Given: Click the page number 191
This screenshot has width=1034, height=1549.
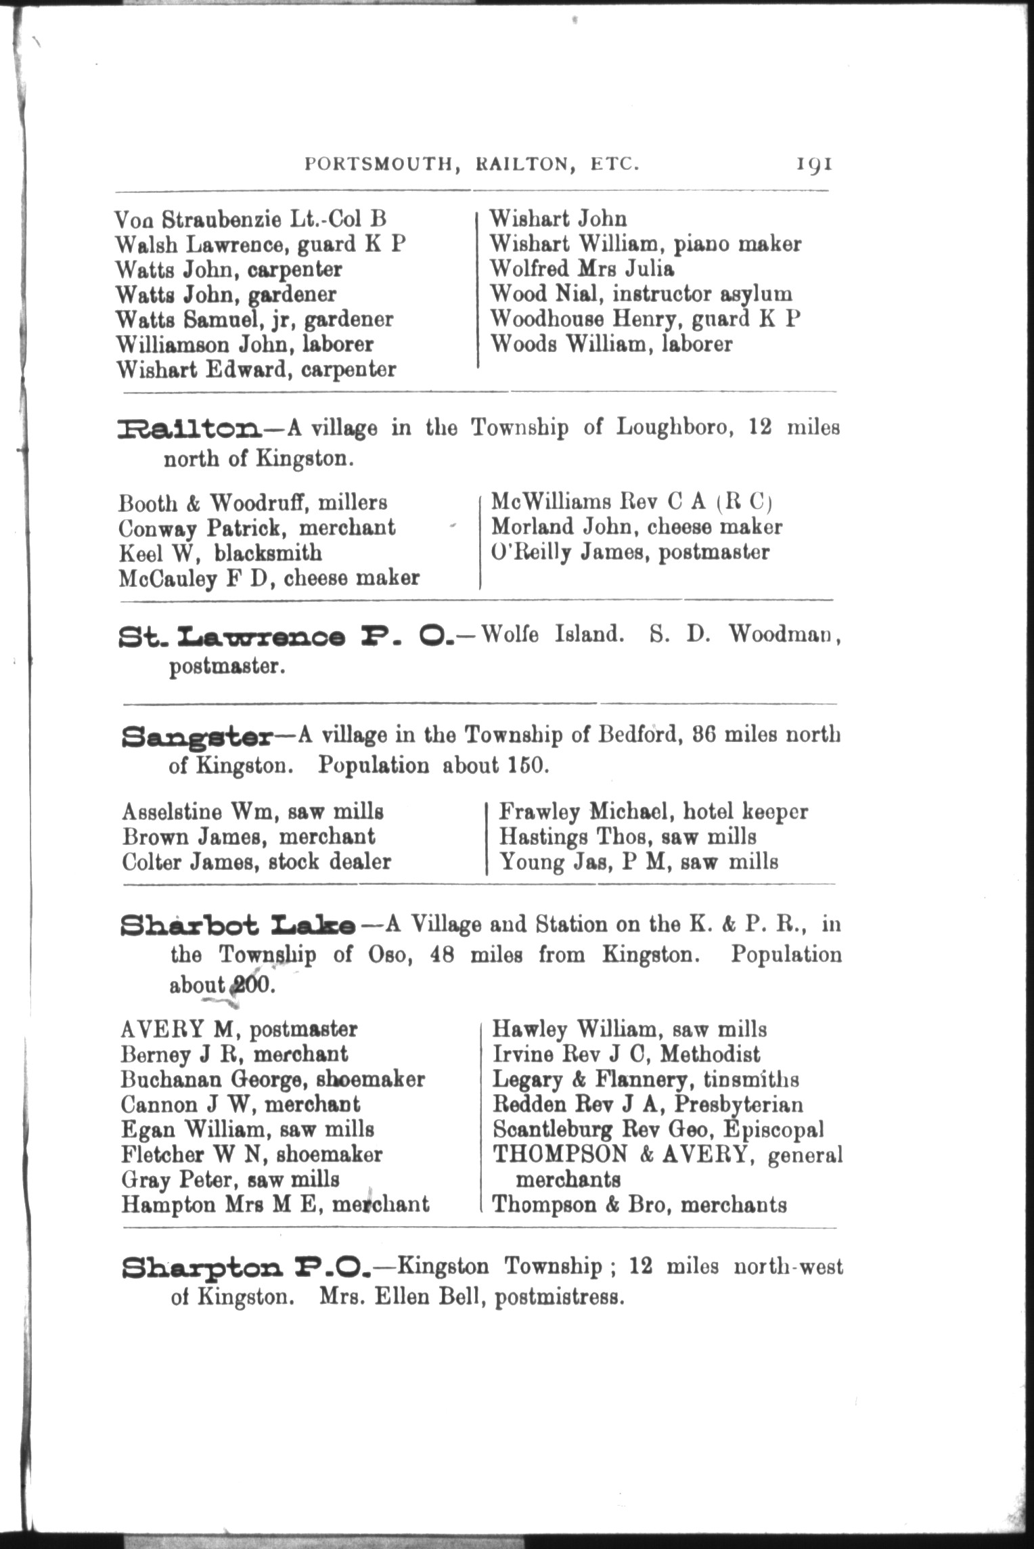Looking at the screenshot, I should pos(814,165).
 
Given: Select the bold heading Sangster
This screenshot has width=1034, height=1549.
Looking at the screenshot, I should pos(197,736).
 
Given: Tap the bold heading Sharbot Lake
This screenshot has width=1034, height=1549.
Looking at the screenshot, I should pos(238,925).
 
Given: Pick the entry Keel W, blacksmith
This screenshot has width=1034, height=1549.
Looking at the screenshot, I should pos(220,553).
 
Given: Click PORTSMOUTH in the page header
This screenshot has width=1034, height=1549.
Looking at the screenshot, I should pos(378,165).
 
